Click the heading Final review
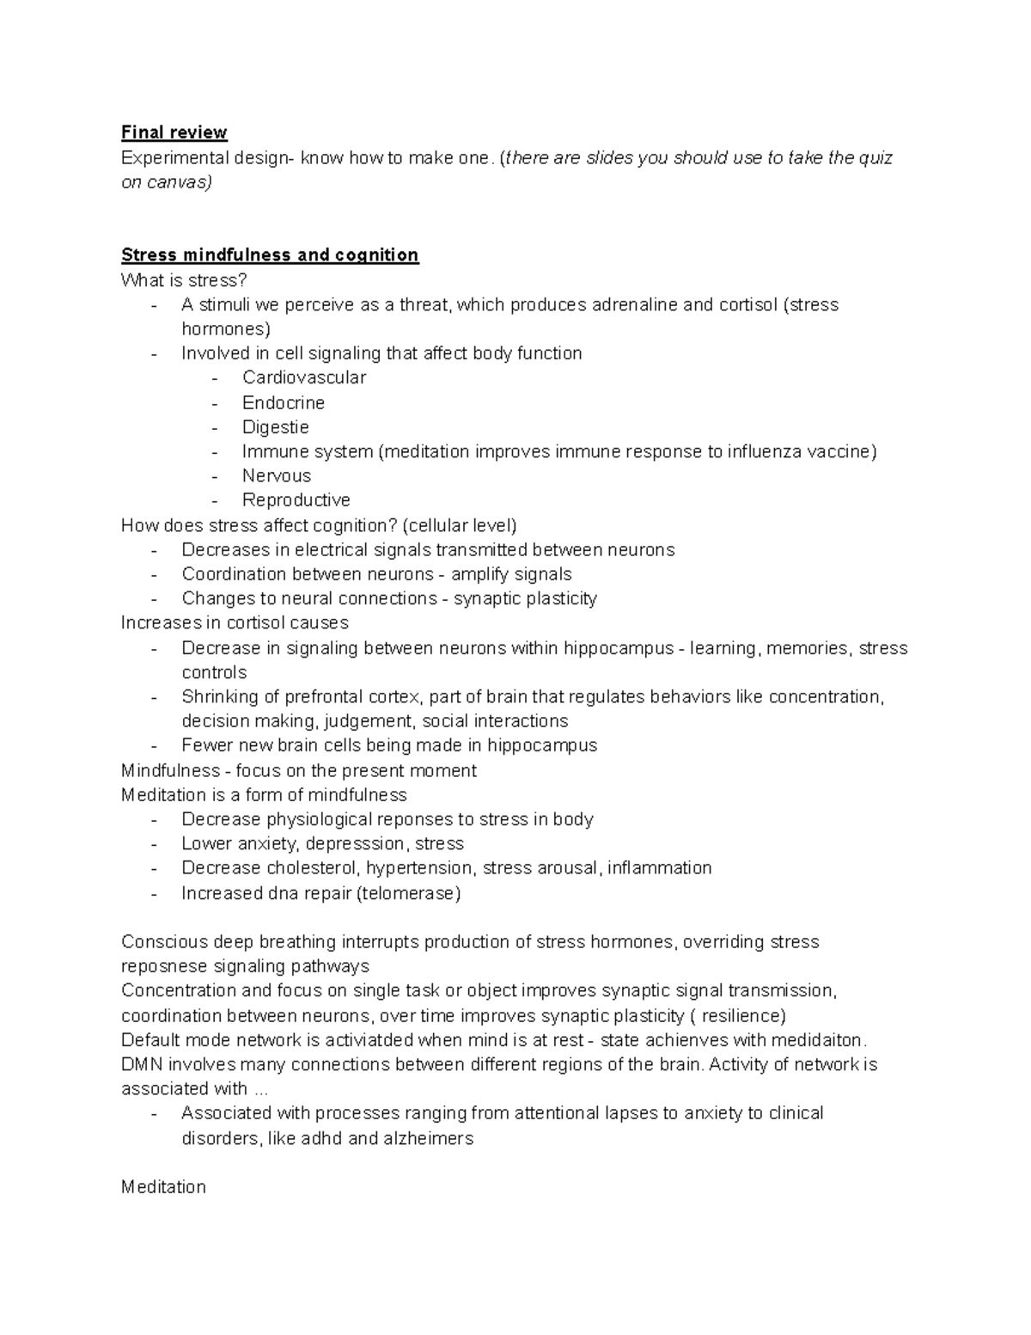tap(174, 132)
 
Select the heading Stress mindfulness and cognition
tap(270, 255)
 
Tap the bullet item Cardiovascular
tap(304, 377)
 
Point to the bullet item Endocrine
tap(284, 402)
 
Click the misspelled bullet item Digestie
tap(275, 427)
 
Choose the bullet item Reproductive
tap(296, 500)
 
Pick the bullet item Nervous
tap(277, 475)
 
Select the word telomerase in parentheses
tap(408, 893)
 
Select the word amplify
tap(482, 574)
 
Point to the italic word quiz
tap(875, 158)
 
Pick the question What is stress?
tap(184, 280)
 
